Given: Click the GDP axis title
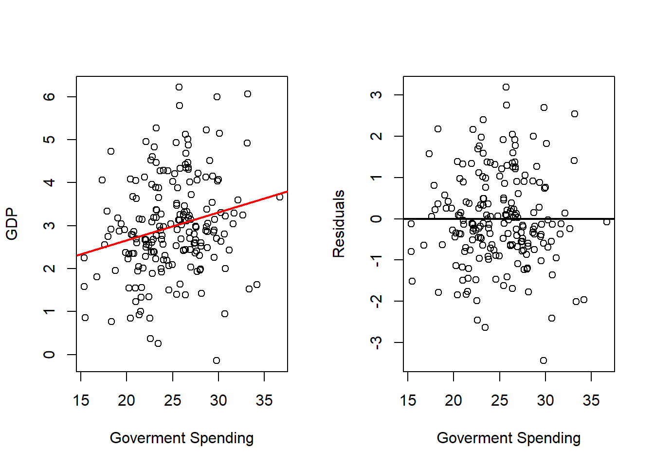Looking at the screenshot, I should pyautogui.click(x=12, y=224).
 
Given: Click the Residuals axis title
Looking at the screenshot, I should pyautogui.click(x=339, y=224).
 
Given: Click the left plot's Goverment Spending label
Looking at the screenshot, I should pyautogui.click(x=182, y=438).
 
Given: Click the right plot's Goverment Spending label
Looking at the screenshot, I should pyautogui.click(x=509, y=438).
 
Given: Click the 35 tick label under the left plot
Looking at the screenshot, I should pyautogui.click(x=264, y=400).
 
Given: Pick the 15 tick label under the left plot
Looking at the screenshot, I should pyautogui.click(x=81, y=400).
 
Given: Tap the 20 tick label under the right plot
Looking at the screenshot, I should pyautogui.click(x=454, y=400).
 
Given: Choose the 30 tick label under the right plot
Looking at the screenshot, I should pyautogui.click(x=545, y=400).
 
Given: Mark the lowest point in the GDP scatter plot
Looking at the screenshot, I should pyautogui.click(x=217, y=360).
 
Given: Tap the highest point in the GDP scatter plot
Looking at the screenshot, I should pyautogui.click(x=179, y=87).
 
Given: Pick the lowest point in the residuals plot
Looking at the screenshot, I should pyautogui.click(x=544, y=360).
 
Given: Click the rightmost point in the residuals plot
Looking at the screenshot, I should pyautogui.click(x=607, y=222).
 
